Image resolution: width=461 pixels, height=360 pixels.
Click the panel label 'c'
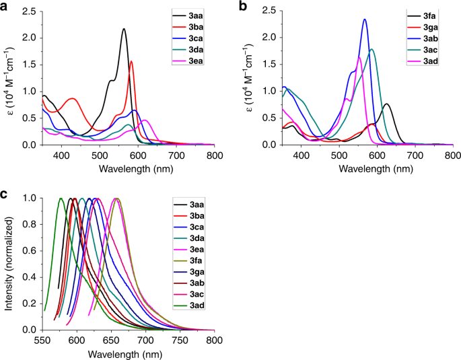5,195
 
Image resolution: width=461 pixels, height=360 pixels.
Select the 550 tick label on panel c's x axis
43,340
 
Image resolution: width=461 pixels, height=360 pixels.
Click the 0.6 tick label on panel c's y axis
29,251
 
